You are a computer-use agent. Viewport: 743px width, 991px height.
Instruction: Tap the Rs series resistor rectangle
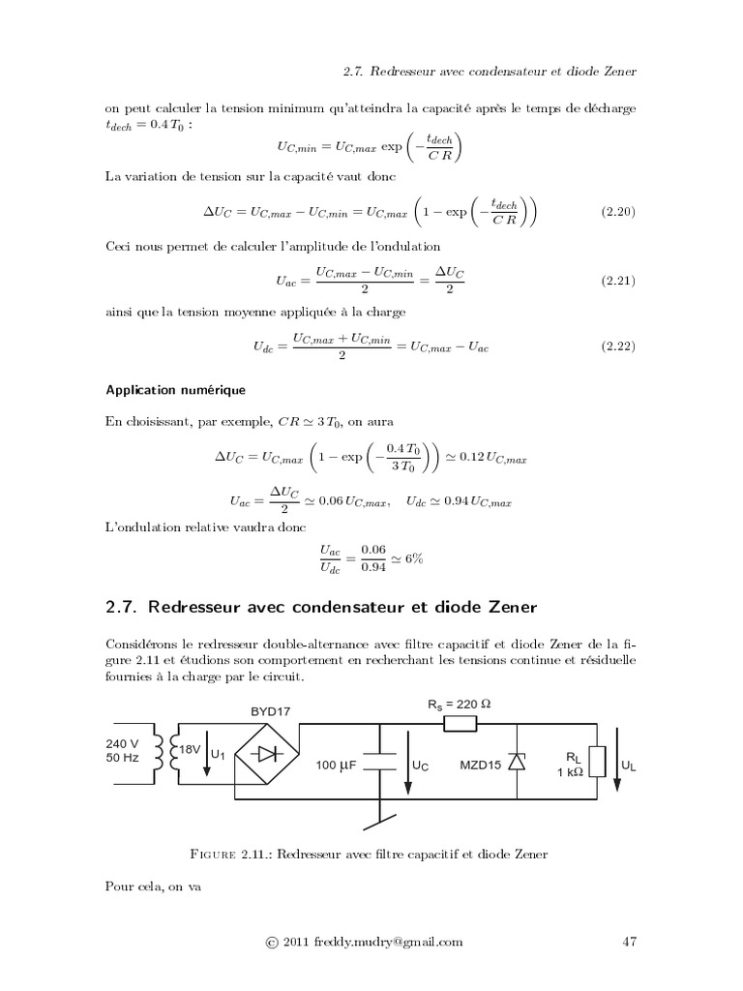tap(460, 723)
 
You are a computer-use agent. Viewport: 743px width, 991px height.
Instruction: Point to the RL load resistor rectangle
tap(598, 763)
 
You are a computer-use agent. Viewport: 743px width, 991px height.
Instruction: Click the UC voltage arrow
tap(407, 765)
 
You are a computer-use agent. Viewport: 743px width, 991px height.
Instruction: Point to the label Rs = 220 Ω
tap(460, 705)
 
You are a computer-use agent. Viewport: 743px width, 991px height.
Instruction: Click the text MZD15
tap(481, 765)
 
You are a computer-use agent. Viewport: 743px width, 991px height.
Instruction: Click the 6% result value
tap(413, 558)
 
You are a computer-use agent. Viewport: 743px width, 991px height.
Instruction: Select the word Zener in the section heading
tap(502, 607)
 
